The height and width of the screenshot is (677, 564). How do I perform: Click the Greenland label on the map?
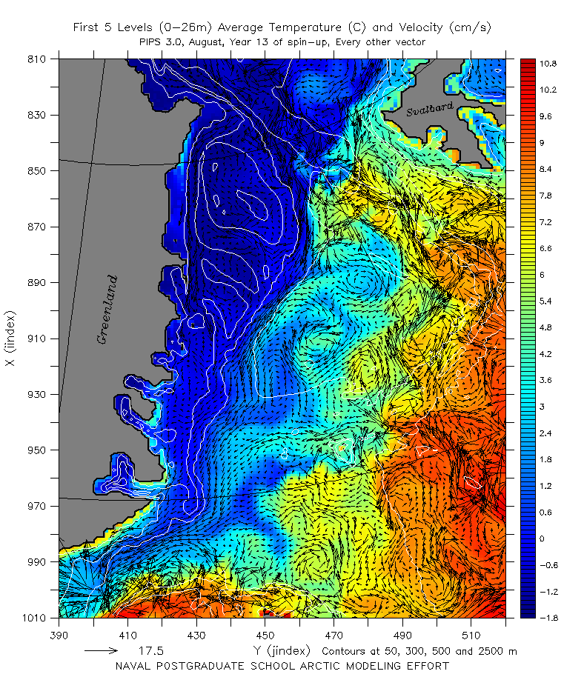pos(107,310)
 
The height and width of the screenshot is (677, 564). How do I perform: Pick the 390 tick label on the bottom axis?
pos(59,635)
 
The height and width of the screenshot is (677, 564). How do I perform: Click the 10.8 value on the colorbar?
pos(548,64)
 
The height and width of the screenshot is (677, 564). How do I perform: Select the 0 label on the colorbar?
pos(542,538)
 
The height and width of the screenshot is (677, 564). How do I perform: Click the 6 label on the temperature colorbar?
pos(542,274)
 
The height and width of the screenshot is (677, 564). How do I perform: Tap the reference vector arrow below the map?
pos(101,651)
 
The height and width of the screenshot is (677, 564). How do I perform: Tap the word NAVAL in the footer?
pos(135,665)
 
